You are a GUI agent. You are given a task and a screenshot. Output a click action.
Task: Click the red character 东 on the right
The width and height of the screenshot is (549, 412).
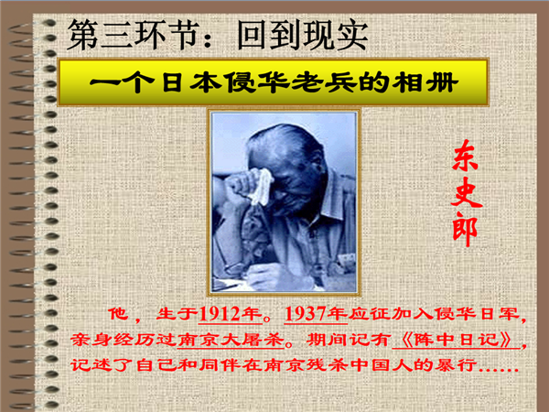pyautogui.click(x=466, y=156)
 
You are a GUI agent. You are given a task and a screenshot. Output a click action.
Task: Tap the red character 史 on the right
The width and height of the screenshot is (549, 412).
pyautogui.click(x=467, y=192)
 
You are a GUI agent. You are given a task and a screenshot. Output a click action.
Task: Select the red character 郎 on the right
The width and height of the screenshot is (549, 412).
pyautogui.click(x=465, y=229)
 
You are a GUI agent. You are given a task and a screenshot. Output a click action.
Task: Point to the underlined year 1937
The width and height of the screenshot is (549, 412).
pyautogui.click(x=306, y=313)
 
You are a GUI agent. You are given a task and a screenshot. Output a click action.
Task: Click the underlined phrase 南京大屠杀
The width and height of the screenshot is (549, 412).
pyautogui.click(x=231, y=339)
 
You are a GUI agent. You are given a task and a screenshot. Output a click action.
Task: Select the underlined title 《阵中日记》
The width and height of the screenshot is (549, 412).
pyautogui.click(x=457, y=340)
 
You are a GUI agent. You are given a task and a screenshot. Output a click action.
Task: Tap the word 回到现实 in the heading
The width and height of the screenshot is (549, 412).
pyautogui.click(x=303, y=36)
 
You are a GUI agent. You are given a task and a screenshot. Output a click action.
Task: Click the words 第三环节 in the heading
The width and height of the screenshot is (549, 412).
pyautogui.click(x=134, y=35)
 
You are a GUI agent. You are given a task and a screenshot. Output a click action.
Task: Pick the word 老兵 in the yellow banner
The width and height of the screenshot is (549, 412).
pyautogui.click(x=325, y=83)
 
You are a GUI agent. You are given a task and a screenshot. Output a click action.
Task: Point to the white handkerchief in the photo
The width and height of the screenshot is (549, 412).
pyautogui.click(x=261, y=188)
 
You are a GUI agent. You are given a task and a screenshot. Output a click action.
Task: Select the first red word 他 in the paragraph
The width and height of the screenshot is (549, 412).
pyautogui.click(x=118, y=313)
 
